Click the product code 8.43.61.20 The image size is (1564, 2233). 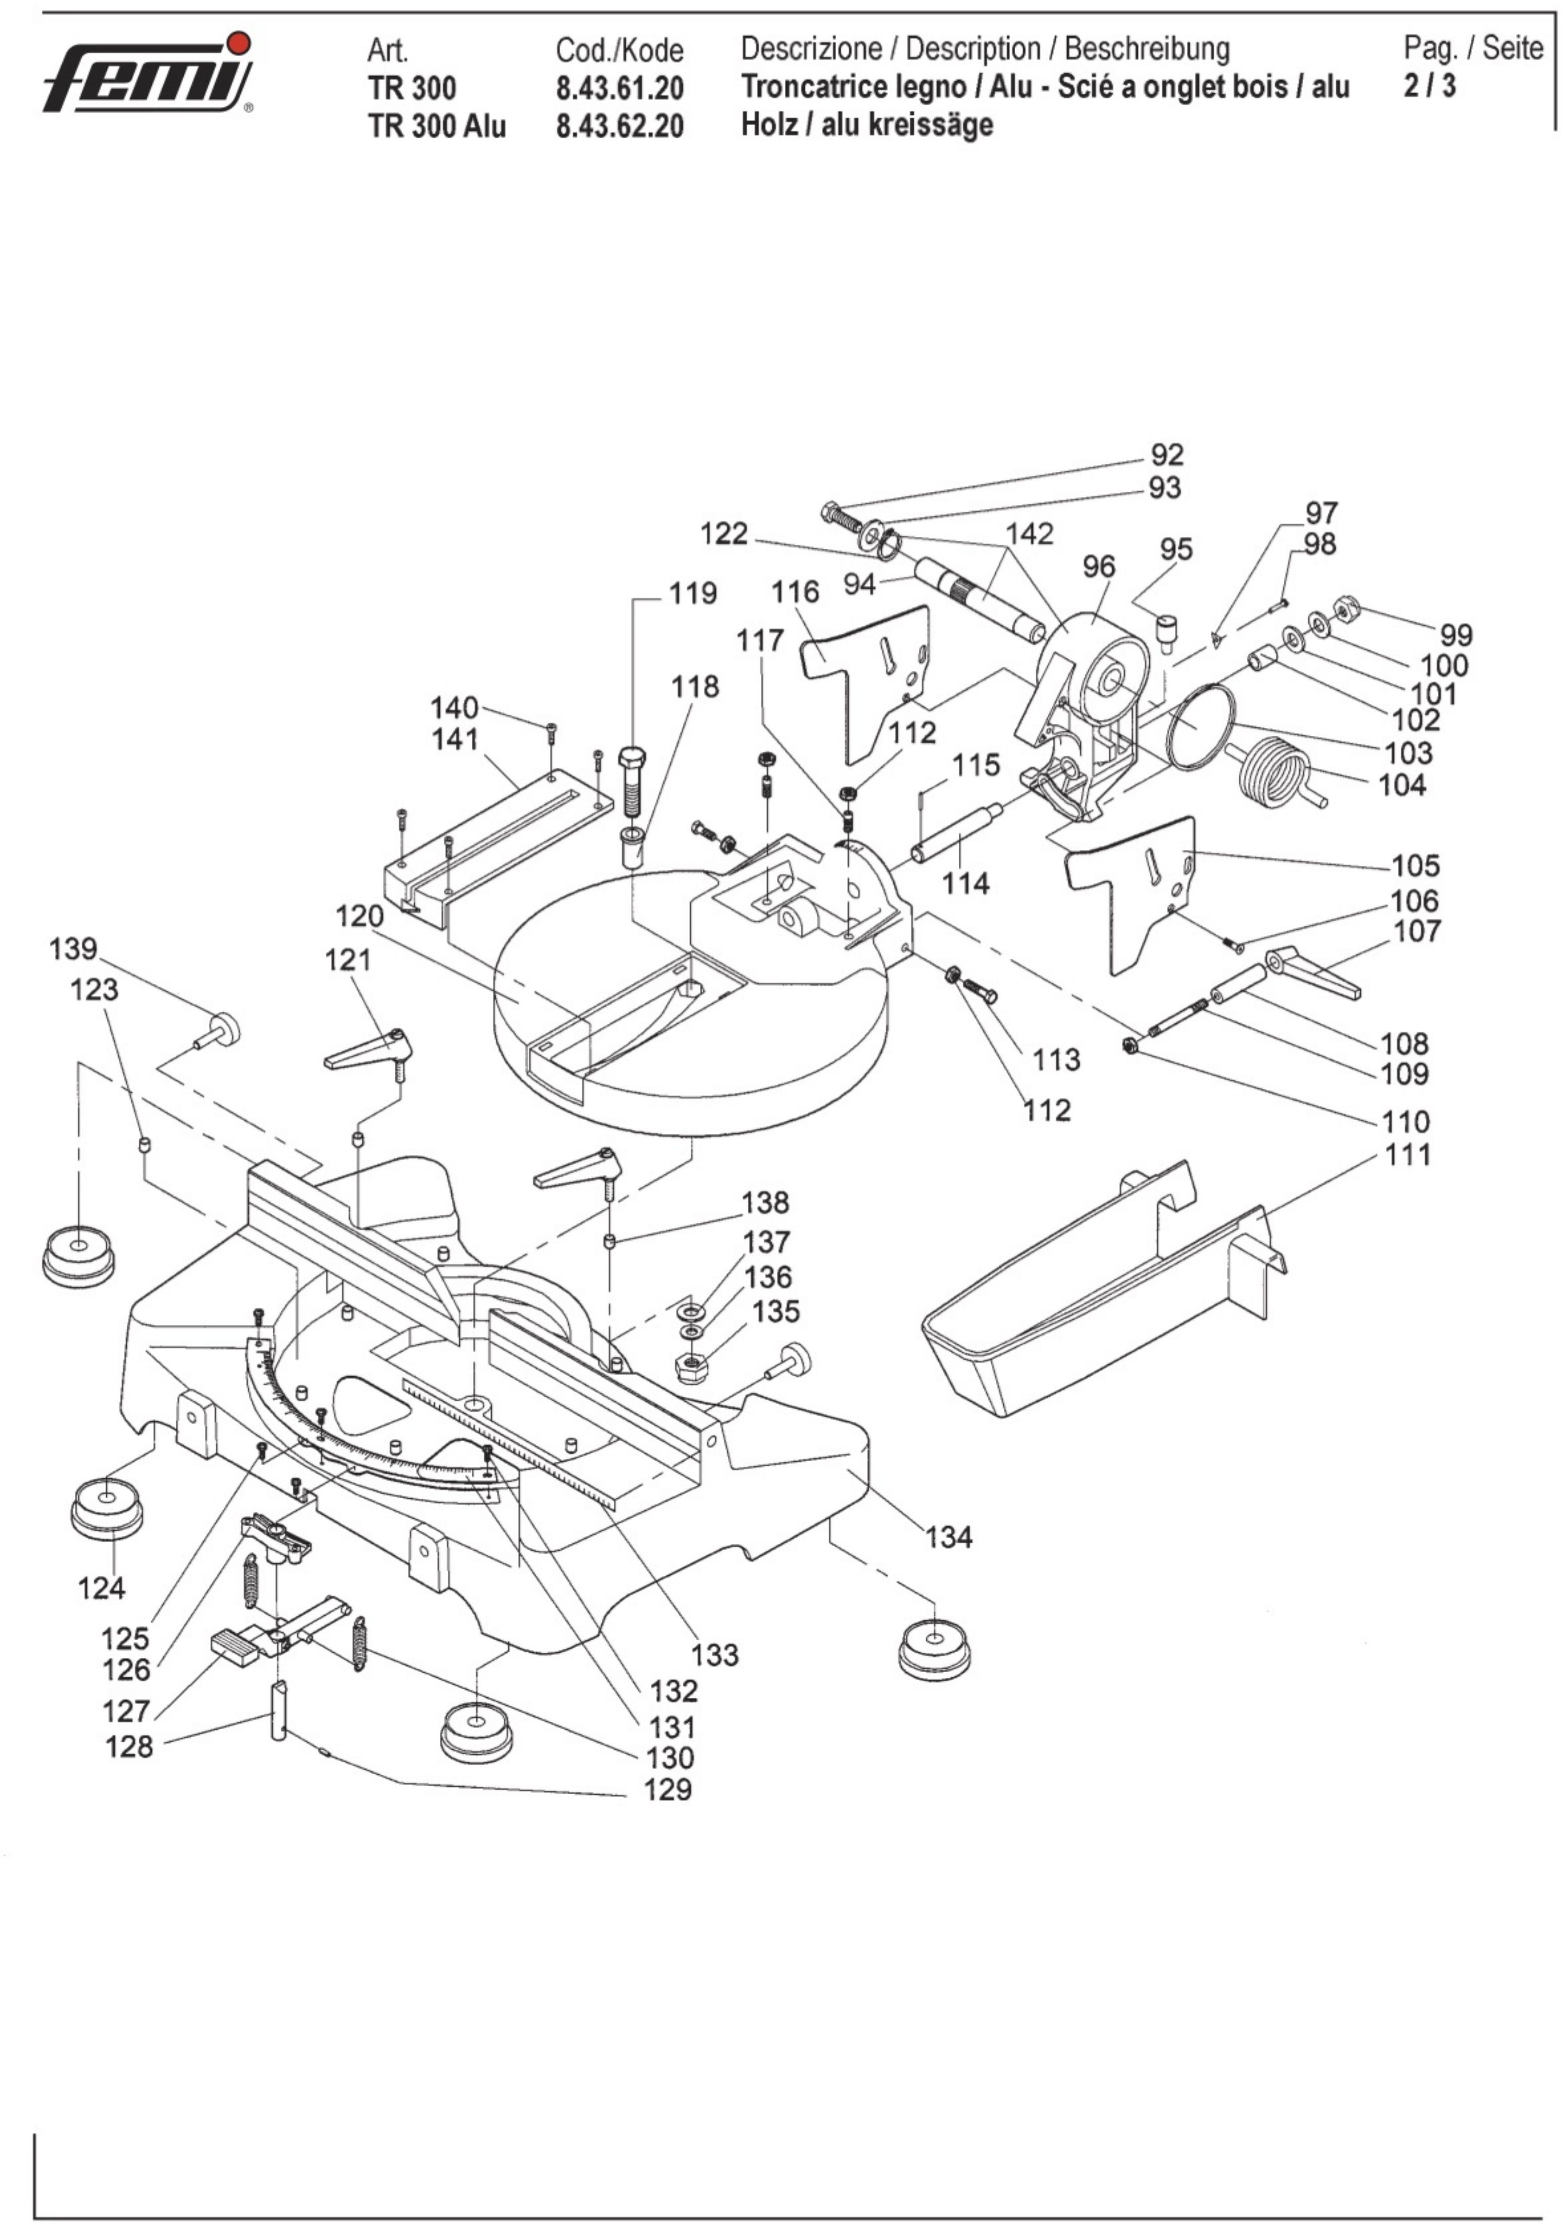pyautogui.click(x=619, y=89)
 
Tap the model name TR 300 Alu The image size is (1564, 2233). pyautogui.click(x=437, y=126)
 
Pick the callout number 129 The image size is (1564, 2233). pyautogui.click(x=668, y=1788)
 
